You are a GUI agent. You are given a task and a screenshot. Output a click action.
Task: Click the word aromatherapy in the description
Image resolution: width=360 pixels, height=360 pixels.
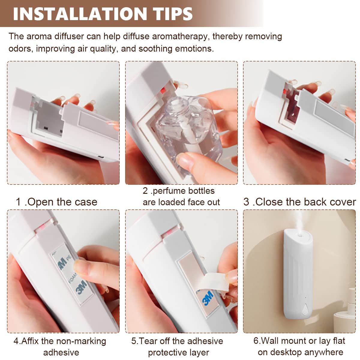tap(180, 37)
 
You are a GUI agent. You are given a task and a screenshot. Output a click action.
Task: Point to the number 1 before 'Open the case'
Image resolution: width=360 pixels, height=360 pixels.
tap(18, 202)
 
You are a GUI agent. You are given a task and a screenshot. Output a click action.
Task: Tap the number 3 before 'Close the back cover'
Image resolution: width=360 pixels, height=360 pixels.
tap(246, 202)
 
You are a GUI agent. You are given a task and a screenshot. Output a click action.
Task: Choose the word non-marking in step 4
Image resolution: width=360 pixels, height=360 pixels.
tap(81, 341)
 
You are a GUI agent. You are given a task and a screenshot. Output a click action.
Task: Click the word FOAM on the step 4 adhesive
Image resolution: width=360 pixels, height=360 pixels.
tap(72, 279)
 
